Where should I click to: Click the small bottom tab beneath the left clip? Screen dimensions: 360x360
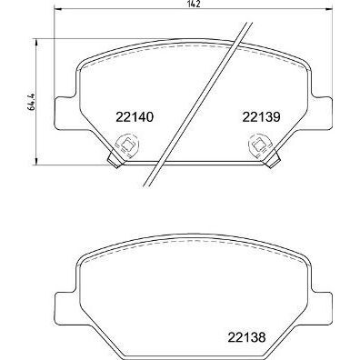point(115,160)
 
